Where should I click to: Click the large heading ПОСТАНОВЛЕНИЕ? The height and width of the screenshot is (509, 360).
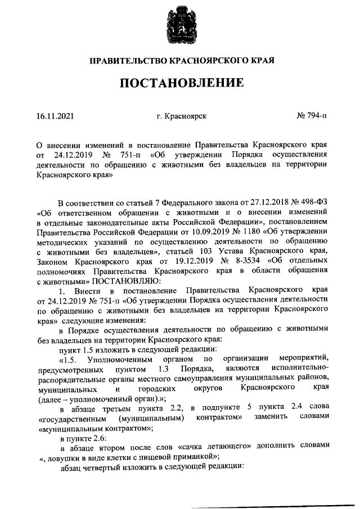[180, 83]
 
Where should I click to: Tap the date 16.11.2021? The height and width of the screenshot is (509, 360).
[55, 116]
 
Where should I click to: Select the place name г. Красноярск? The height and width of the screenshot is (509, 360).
[182, 116]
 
